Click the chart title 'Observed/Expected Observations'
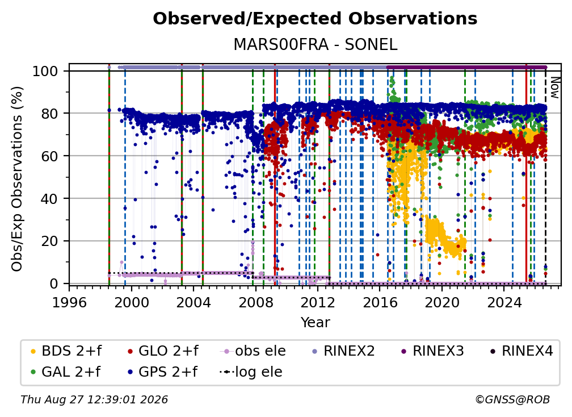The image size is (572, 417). pos(315,19)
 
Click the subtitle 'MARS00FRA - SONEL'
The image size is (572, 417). pos(315,44)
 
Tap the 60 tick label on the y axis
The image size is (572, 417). pos(49,156)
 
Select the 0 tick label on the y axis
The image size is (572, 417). pos(54,283)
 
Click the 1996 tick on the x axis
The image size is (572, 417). pos(69,302)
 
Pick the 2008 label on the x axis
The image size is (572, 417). pos(255,302)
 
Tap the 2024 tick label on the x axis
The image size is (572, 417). pos(503,302)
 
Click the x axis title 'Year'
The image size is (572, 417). pos(315,323)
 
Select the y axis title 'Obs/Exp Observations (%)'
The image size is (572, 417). pos(17,178)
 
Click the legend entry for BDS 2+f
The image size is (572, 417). pos(66,351)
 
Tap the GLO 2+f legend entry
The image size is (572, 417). pos(162,351)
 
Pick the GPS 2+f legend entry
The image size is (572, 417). pos(162,372)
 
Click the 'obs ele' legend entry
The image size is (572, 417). pos(253,351)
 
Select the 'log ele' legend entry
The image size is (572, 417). pos(251,372)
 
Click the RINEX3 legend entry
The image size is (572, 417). pos(432,351)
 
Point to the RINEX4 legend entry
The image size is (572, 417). pos(521,351)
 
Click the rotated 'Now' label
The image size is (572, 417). pos(554,87)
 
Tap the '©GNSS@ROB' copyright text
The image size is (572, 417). pos(512,400)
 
